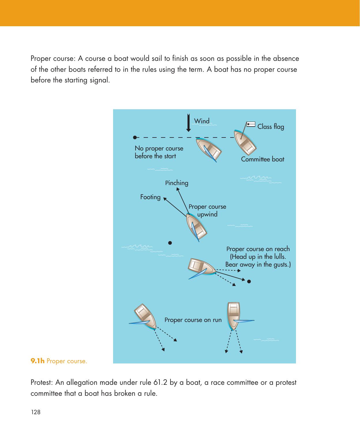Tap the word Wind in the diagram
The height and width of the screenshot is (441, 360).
click(202, 121)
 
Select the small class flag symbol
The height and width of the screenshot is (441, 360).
click(251, 125)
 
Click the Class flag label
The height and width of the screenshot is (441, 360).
click(270, 127)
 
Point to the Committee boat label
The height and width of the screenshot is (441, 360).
click(262, 159)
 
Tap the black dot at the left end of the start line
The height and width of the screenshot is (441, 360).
click(134, 137)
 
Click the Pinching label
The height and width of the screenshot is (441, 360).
click(177, 183)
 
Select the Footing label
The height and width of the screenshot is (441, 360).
click(150, 197)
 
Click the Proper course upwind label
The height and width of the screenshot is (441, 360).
click(207, 210)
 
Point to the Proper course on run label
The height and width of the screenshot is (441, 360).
click(193, 320)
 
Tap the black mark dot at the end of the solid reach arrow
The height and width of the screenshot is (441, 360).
click(249, 281)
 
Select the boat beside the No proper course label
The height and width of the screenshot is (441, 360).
click(209, 149)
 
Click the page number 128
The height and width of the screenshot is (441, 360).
click(35, 412)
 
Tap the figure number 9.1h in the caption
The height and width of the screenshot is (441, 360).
click(37, 361)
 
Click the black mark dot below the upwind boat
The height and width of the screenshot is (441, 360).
click(170, 243)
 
